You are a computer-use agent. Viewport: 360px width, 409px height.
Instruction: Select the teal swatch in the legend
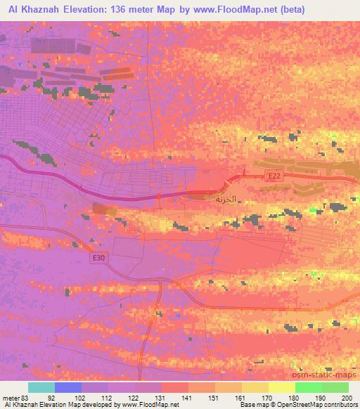(41, 387)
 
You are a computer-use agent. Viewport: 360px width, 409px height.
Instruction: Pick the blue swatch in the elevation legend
(68, 387)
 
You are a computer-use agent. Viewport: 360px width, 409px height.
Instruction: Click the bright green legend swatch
(308, 387)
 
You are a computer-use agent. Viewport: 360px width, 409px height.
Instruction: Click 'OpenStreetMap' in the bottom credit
(309, 405)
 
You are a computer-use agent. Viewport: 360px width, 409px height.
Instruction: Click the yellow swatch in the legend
(255, 387)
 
